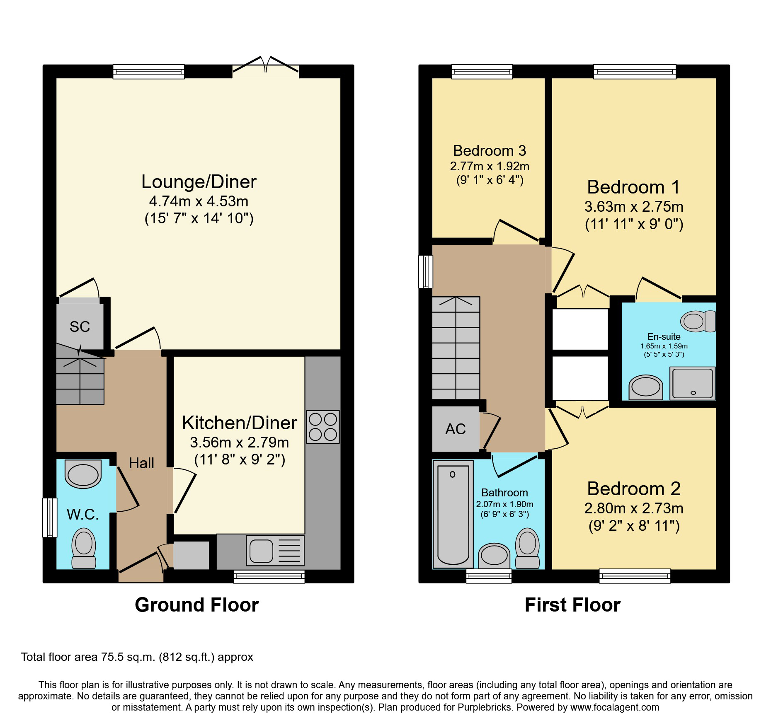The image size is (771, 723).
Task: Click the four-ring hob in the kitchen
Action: (x=323, y=427)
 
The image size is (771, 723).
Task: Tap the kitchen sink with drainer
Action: (x=275, y=551)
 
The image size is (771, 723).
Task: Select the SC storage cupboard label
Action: (x=80, y=327)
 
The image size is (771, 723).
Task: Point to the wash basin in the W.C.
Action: (x=83, y=474)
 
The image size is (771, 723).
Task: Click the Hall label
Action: (x=141, y=463)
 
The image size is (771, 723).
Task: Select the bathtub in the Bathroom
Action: (x=453, y=514)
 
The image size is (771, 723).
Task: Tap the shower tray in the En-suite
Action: (x=692, y=383)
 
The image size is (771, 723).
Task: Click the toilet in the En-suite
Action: (x=698, y=321)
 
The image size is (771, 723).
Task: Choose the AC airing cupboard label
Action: (x=456, y=429)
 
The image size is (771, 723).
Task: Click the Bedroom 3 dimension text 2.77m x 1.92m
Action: (x=490, y=167)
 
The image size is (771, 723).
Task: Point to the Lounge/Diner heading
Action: (x=199, y=182)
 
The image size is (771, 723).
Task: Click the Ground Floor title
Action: (x=196, y=605)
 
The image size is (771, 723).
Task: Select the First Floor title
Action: (x=572, y=605)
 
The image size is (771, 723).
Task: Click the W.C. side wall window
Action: (x=50, y=517)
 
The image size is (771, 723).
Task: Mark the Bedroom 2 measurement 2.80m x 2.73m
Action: (x=634, y=508)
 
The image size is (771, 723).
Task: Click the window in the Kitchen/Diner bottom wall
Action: (x=269, y=576)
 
